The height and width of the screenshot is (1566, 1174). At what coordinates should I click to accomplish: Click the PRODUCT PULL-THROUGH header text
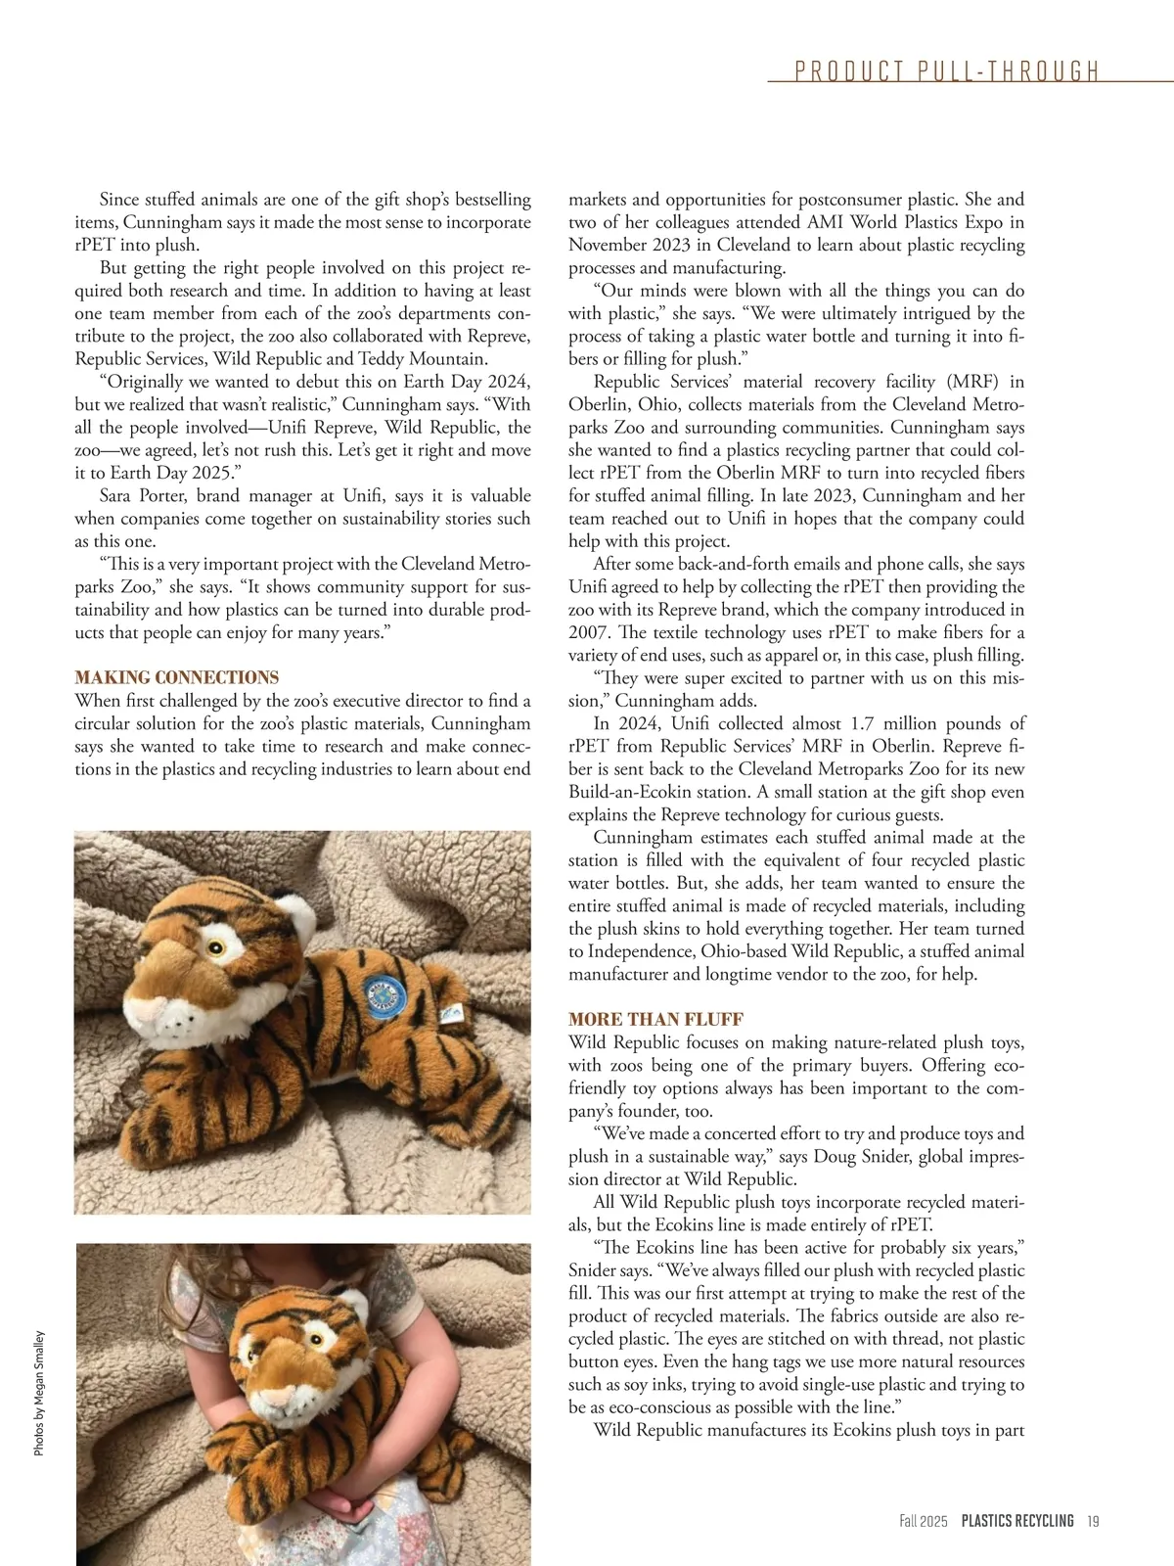coord(947,71)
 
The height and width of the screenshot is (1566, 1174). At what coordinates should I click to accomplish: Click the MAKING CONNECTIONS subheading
coord(177,677)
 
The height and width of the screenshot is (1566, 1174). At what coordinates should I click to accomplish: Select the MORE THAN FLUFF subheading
coord(655,1019)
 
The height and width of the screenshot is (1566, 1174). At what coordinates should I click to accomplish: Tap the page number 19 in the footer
coord(1093,1520)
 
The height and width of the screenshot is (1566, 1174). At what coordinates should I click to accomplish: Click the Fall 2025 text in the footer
coord(924,1520)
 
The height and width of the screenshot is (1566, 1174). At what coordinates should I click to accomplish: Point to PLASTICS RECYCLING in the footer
coord(1016,1520)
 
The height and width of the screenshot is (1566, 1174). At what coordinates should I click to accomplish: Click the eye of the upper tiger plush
coord(213,946)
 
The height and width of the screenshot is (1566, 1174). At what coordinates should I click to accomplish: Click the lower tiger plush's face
coord(293,1356)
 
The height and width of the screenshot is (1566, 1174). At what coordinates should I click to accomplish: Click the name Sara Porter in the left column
coord(143,495)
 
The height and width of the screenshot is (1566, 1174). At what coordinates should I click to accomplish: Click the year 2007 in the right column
coord(590,632)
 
